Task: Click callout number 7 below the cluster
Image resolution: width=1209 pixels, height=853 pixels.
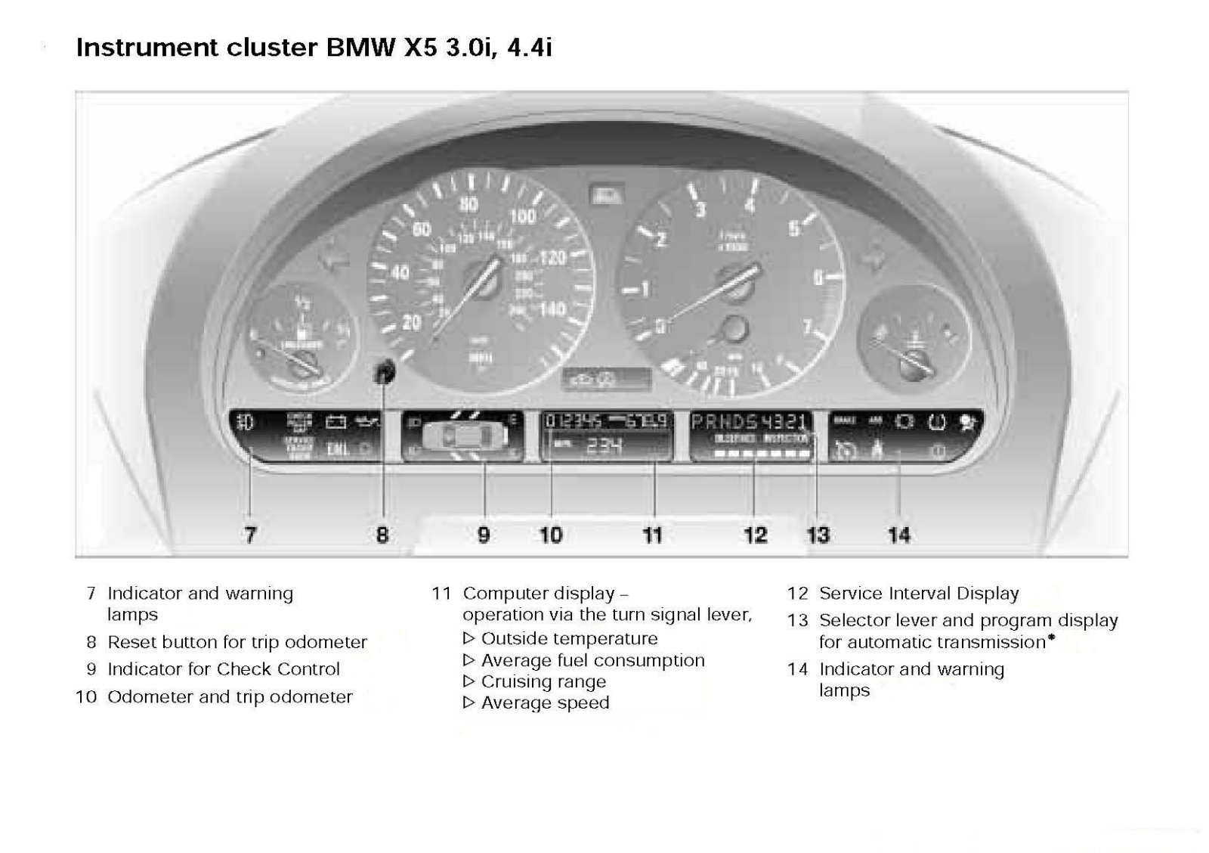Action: coord(250,535)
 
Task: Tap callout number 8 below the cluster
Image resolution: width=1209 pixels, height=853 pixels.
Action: coord(382,535)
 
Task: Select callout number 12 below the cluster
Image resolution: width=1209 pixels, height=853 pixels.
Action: coord(755,535)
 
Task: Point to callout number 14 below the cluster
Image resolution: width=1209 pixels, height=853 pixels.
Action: coord(898,535)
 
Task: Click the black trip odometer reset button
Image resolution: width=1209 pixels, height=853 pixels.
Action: coord(385,371)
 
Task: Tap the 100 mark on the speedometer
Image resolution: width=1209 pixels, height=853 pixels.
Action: coord(522,217)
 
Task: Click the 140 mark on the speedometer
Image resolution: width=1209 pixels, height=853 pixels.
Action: coord(553,309)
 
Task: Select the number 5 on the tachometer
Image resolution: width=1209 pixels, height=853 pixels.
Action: coord(794,228)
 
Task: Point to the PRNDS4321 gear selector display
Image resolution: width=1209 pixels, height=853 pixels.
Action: coord(750,422)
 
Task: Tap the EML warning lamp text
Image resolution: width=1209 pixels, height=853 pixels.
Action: coord(338,449)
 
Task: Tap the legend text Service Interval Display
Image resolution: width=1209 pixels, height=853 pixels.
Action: coord(919,594)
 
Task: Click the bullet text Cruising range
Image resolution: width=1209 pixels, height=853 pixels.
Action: coord(543,681)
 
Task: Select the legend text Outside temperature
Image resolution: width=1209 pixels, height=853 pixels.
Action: coord(569,638)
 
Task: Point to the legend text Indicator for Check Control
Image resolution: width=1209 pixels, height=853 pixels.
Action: coord(224,669)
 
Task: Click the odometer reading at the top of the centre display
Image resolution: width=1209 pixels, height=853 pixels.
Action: coord(574,422)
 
